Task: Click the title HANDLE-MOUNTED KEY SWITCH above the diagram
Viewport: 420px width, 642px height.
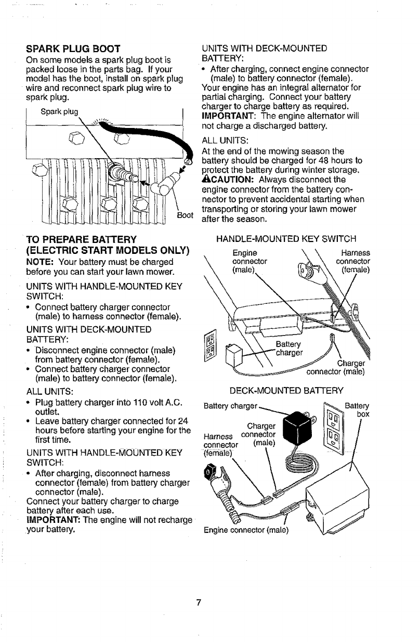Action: point(285,239)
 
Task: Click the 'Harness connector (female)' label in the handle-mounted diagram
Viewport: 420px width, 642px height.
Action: point(353,261)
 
